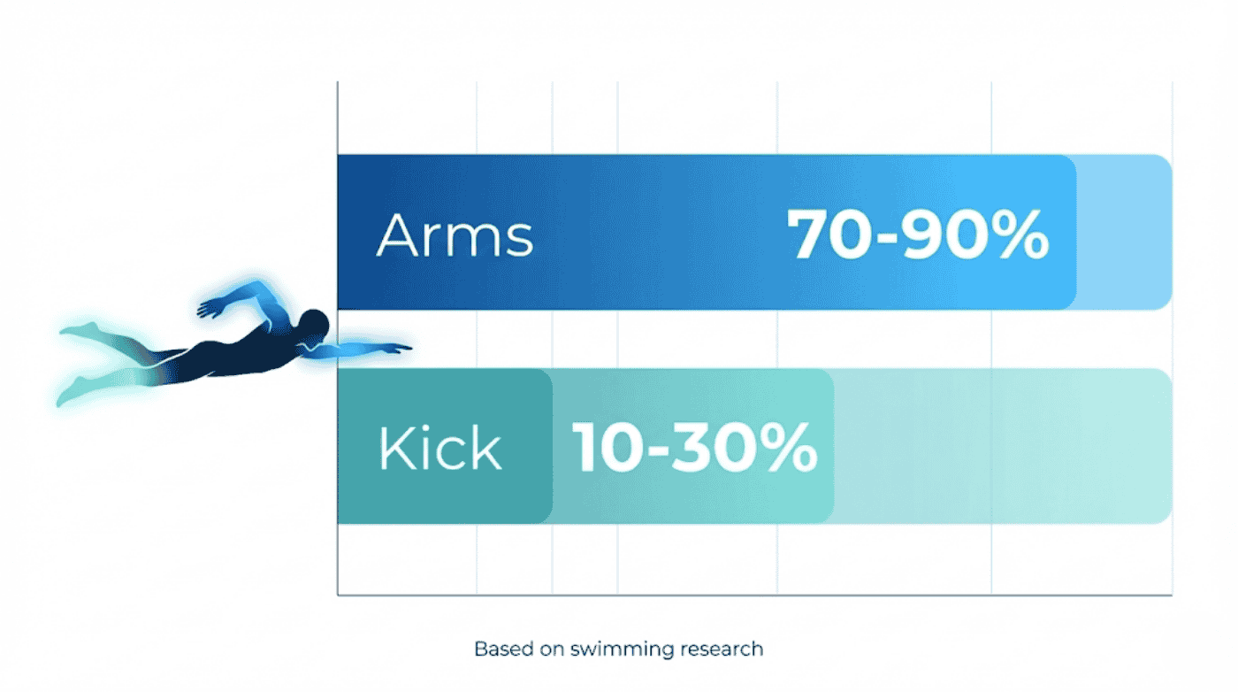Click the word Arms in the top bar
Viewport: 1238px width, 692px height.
(455, 235)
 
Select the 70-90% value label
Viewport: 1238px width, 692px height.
(918, 235)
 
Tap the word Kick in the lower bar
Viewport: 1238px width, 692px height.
(439, 449)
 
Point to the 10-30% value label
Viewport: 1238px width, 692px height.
(694, 448)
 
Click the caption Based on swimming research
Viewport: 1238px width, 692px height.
(618, 649)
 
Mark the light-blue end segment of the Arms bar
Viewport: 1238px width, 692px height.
(1123, 232)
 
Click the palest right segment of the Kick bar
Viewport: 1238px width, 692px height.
(999, 446)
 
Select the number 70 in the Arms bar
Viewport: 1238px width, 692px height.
(821, 235)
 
